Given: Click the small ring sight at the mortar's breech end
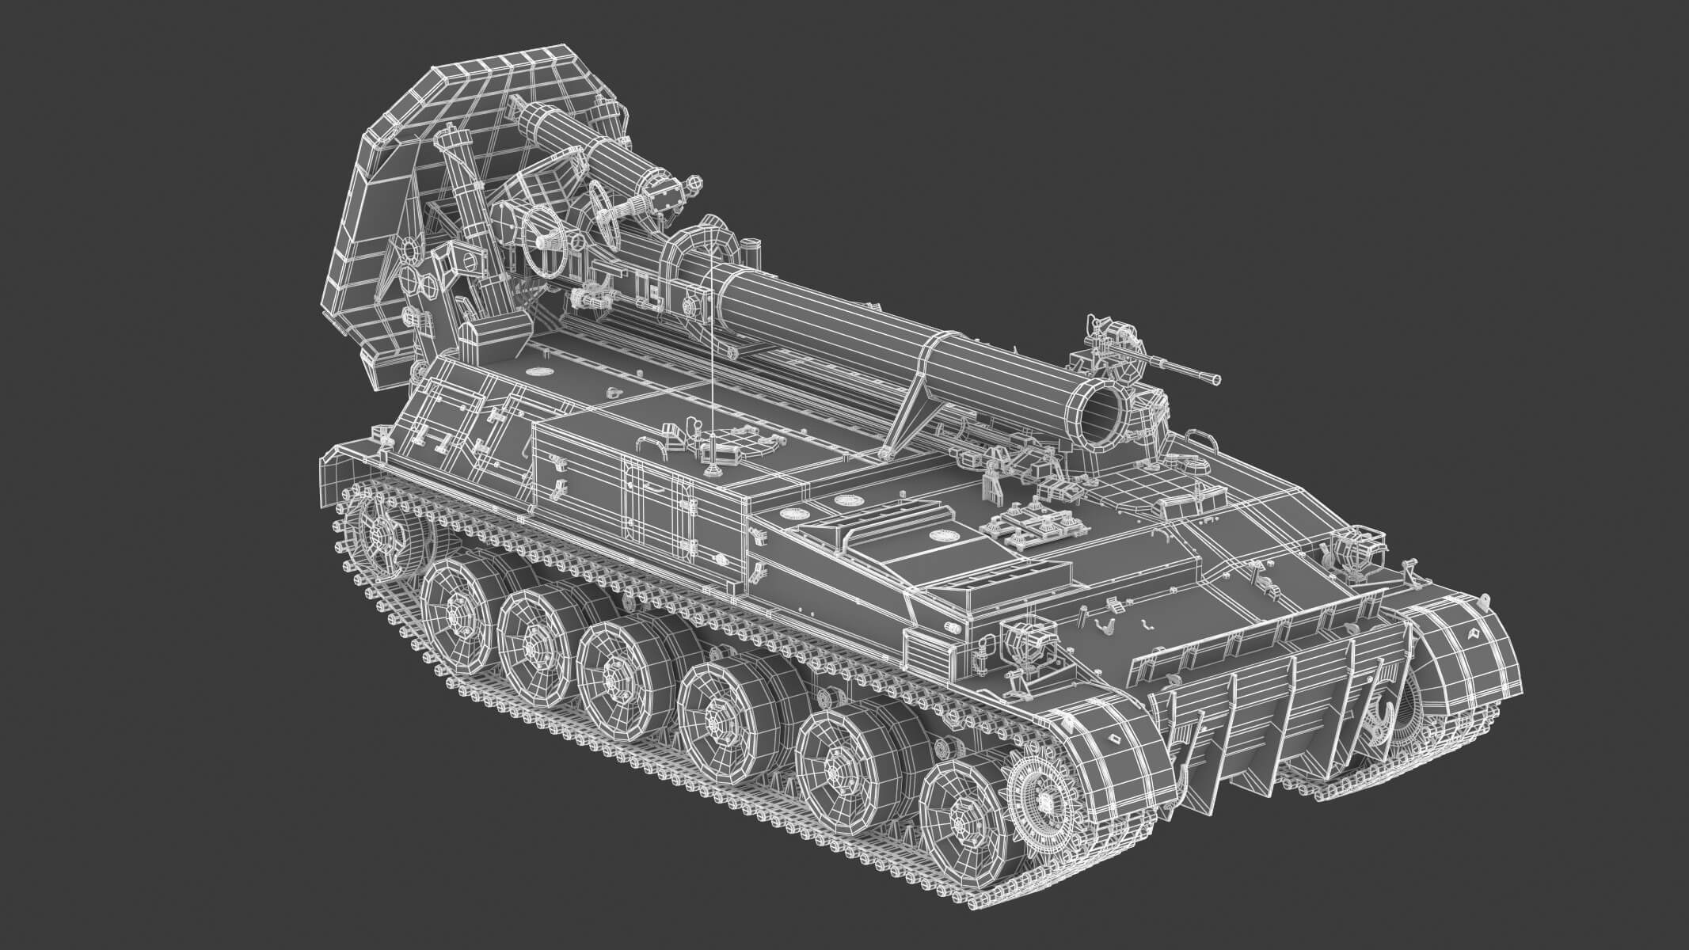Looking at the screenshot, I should click(694, 184).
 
